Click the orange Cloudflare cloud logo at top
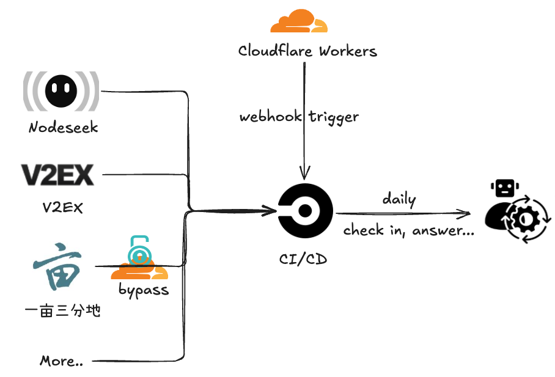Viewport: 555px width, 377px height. pos(299,21)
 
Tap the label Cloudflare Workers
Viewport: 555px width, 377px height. pos(307,51)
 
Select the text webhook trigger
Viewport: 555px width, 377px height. pos(299,116)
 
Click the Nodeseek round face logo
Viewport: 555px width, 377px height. pos(61,91)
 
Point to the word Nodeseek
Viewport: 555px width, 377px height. pos(63,128)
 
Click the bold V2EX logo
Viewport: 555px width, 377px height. pos(57,175)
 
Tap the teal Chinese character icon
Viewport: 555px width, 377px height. pos(56,266)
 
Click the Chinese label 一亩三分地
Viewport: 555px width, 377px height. pos(62,311)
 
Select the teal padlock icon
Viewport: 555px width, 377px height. pos(141,249)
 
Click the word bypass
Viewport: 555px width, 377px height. pos(144,290)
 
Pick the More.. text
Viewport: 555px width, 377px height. pos(61,361)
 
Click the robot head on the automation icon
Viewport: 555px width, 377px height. pos(504,188)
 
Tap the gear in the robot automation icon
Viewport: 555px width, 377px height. pos(527,219)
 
